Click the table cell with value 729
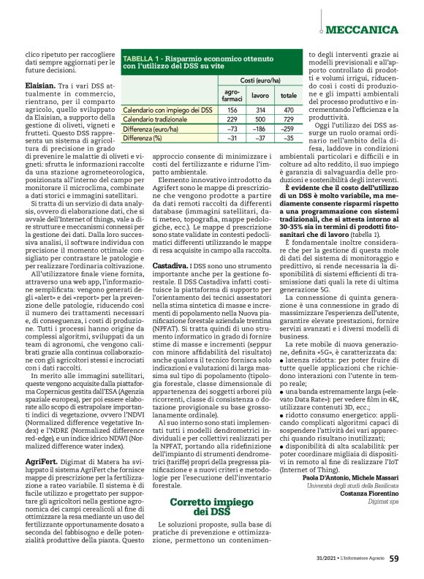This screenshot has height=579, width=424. (288, 118)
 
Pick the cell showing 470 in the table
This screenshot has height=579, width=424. (288, 108)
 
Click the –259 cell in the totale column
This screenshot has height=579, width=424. (288, 128)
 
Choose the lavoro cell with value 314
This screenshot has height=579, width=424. (260, 108)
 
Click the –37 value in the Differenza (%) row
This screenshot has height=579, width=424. (260, 137)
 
